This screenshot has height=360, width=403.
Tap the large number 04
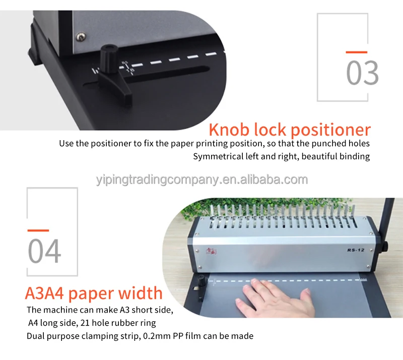pos(44,251)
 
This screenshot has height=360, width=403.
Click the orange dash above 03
pos(356,51)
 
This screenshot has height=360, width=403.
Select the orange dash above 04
pos(38,230)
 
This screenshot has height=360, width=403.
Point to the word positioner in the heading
pos(328,130)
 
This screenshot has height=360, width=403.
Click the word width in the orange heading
pos(141,293)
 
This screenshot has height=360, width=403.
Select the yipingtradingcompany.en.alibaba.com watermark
pos(201,180)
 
